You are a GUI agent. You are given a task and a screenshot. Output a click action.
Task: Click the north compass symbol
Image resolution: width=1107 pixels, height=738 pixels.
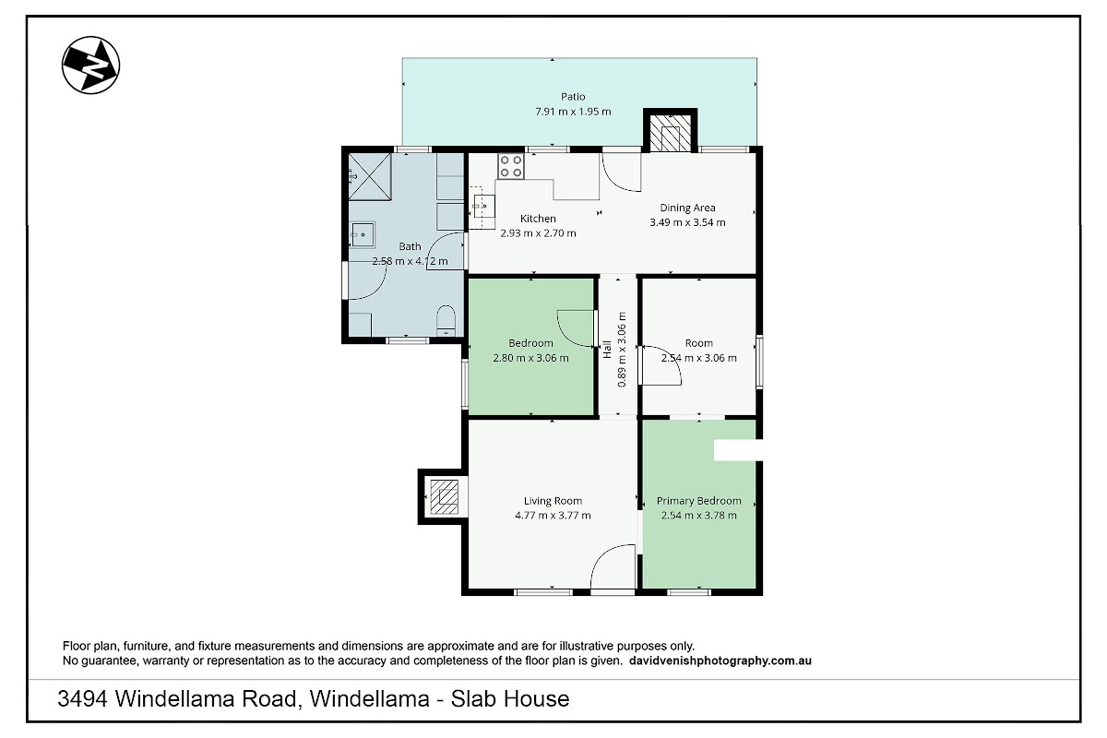[x=91, y=65]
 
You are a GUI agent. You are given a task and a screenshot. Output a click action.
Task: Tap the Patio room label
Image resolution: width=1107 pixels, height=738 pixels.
[x=573, y=97]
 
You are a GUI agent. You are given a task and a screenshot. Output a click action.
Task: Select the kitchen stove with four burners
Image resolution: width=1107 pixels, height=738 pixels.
[x=511, y=166]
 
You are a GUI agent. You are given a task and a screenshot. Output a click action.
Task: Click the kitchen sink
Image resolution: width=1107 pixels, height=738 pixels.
[x=483, y=207]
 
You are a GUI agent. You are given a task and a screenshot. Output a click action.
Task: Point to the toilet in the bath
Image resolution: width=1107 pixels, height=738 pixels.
[x=446, y=320]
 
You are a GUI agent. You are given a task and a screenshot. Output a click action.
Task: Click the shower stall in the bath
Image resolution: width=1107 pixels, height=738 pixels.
[x=370, y=176]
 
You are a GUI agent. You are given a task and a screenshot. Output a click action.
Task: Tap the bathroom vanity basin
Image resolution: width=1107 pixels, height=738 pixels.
[x=363, y=235]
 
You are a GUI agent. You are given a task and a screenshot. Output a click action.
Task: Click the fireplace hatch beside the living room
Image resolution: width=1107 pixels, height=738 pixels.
[x=444, y=497]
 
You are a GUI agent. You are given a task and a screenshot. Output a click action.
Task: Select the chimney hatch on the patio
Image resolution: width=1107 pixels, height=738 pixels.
[x=670, y=133]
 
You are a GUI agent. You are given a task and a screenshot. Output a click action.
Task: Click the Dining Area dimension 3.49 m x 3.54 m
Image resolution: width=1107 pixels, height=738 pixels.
[x=687, y=222]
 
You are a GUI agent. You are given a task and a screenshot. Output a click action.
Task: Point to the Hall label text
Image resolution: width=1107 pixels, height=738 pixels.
[x=607, y=350]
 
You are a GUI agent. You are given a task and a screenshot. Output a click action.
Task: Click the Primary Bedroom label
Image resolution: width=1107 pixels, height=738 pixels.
[x=699, y=501]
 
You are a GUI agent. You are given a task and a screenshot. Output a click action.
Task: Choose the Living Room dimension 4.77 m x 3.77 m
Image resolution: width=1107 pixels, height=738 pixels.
[x=553, y=515]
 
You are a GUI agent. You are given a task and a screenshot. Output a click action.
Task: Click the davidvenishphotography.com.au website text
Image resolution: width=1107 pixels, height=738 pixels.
[x=720, y=661]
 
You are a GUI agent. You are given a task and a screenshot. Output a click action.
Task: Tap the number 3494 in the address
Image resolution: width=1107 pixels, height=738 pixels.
[x=82, y=698]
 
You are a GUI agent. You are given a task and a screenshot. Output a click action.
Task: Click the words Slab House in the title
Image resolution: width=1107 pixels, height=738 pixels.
[x=510, y=698]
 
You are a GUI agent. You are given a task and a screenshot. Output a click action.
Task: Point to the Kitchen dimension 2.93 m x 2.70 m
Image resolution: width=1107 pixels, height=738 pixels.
[x=538, y=233]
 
